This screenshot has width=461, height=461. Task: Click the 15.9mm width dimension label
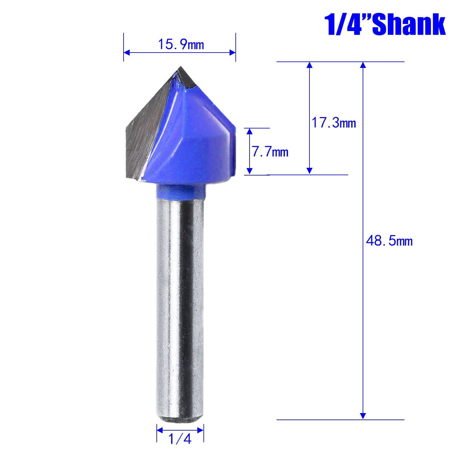pos(181,45)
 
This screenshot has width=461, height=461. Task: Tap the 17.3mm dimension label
pos(334,123)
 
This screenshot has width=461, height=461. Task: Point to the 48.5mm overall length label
pos(389,241)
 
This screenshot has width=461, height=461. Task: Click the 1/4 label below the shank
pos(180,440)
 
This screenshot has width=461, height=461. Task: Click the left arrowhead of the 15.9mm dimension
pos(126,53)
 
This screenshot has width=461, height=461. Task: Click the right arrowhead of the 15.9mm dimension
pos(233,53)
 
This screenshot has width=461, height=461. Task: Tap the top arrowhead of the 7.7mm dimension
pos(250,131)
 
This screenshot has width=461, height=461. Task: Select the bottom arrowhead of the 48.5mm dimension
pos(363,416)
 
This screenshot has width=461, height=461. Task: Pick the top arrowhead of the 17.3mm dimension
pos(309,65)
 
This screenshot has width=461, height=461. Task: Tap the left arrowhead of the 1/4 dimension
pos(159,430)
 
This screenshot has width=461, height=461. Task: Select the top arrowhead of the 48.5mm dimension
pos(363,65)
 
